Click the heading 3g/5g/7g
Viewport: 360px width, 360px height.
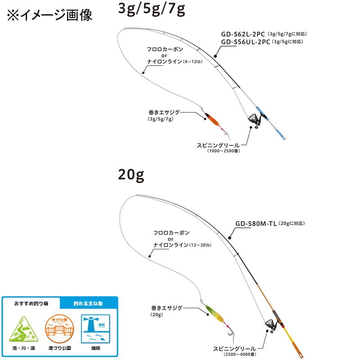tap(151, 10)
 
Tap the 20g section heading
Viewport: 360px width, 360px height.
tap(131, 175)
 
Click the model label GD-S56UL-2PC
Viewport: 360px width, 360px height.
tap(245, 42)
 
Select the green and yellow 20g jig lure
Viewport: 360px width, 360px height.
tap(212, 310)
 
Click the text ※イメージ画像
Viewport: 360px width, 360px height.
tap(49, 15)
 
